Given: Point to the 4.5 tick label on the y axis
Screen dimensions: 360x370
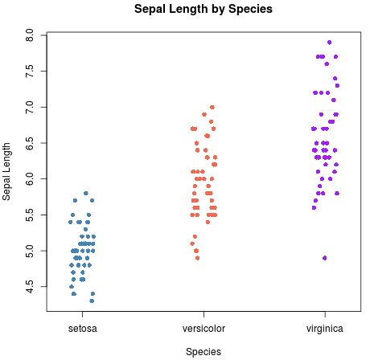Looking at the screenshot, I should (x=29, y=286).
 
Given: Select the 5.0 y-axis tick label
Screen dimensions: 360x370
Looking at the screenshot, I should (x=29, y=250).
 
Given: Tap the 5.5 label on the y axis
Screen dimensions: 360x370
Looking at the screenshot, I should (x=29, y=215).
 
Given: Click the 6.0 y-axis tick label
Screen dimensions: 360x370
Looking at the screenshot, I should (x=29, y=178).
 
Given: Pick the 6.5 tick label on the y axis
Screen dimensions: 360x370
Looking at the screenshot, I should (x=29, y=142).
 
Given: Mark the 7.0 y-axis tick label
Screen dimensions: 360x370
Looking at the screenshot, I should (x=29, y=107).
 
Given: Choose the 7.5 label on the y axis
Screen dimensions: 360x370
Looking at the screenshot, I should (x=29, y=71).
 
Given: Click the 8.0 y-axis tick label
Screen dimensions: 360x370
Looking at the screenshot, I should (x=29, y=35).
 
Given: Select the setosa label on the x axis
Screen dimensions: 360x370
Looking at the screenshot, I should (x=82, y=328).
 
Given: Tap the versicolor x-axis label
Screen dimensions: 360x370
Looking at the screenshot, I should (x=203, y=328).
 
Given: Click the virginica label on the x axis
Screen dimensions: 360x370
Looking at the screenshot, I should (x=325, y=328).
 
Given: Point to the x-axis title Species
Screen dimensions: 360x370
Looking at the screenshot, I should (x=203, y=351).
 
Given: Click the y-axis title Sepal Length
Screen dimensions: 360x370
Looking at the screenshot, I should (x=7, y=170).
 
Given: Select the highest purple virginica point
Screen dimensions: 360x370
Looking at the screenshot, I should (x=330, y=42).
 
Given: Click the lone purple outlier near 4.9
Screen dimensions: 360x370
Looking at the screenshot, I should (x=324, y=258).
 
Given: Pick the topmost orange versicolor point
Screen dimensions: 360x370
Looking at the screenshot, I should (x=212, y=107).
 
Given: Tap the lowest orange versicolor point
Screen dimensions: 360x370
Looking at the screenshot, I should (x=197, y=258).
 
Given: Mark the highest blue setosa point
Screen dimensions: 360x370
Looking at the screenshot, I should (x=85, y=193).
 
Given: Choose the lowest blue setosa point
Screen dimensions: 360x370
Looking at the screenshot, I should (x=92, y=301).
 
